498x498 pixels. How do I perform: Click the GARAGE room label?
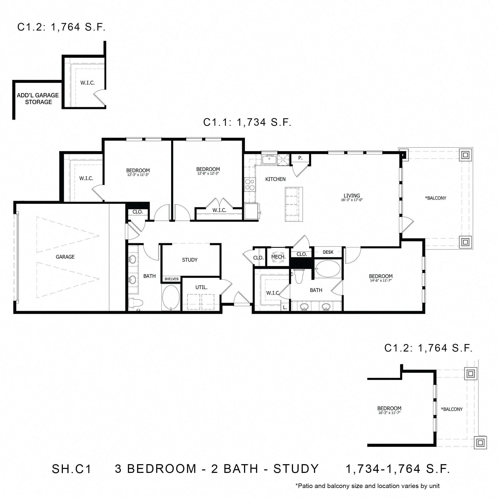point(65,257)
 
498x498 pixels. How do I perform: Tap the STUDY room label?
point(190,260)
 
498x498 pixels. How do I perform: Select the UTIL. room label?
point(201,287)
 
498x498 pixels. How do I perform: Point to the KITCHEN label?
point(275,179)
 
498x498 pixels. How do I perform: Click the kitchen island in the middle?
point(294,204)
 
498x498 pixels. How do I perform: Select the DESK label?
point(328,252)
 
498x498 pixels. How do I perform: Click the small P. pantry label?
point(300,158)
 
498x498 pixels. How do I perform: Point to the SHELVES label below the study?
point(171,279)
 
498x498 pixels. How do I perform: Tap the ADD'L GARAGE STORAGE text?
point(38,99)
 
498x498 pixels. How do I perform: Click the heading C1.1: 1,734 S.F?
point(247,122)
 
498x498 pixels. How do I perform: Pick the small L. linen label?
point(285,307)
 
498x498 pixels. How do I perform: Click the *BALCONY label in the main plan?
point(436,198)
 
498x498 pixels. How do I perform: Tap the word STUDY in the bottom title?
point(296,469)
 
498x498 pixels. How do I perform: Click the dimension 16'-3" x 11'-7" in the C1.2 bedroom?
point(389,413)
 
